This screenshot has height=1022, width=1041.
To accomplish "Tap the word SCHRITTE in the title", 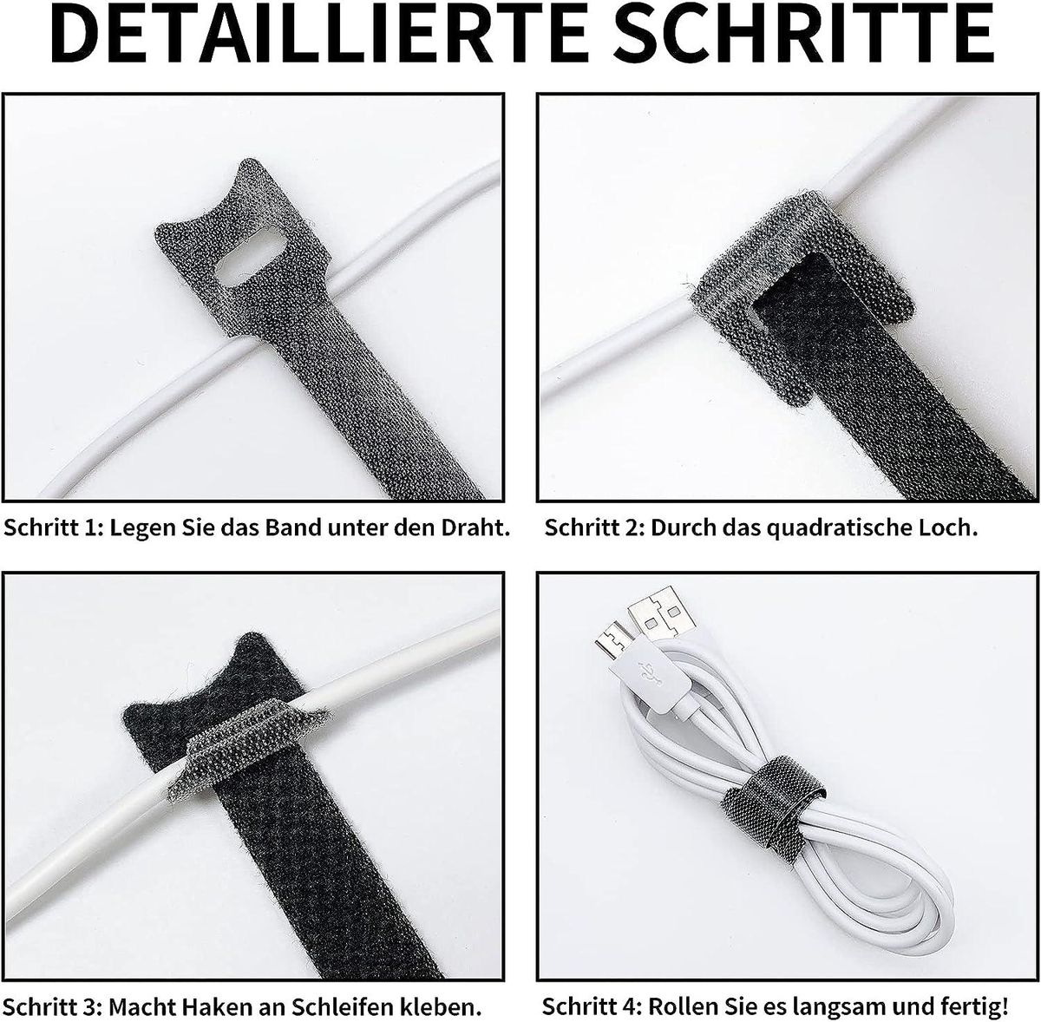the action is (x=802, y=36).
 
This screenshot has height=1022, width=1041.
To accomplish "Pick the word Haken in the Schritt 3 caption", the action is (x=217, y=1006).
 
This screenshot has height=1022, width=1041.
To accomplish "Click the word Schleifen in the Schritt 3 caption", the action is (x=342, y=1006).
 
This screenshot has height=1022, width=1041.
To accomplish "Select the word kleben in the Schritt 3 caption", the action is (x=441, y=1006).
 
